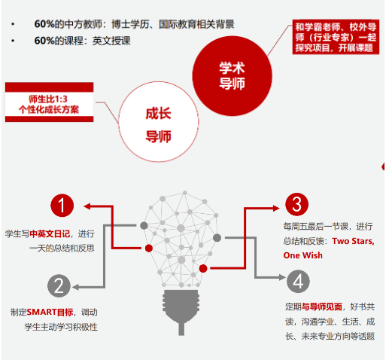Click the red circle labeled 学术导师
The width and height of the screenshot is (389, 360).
[232, 76]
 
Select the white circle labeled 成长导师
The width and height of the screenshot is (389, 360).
[159, 122]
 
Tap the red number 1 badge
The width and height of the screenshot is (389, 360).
[62, 206]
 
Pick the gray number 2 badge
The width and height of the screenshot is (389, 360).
[59, 285]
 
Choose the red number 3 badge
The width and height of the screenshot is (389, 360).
[296, 204]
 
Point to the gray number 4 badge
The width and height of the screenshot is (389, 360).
[298, 281]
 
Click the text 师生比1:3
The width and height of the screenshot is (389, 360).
[48, 99]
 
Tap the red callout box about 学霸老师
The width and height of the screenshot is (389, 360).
[336, 37]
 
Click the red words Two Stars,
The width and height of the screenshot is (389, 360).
[353, 241]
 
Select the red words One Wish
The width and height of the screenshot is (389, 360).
[303, 255]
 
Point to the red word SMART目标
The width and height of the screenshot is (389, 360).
[50, 312]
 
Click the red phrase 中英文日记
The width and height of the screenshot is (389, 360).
[50, 233]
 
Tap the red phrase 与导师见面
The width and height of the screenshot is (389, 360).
[322, 307]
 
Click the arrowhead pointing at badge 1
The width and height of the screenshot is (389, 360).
[87, 206]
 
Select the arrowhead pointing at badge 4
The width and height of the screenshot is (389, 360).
[282, 277]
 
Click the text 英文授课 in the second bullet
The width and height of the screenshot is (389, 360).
[111, 41]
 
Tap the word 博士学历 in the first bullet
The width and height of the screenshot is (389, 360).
[130, 24]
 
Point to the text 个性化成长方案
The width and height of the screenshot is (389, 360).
[49, 110]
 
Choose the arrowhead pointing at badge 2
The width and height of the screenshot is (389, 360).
[76, 287]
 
